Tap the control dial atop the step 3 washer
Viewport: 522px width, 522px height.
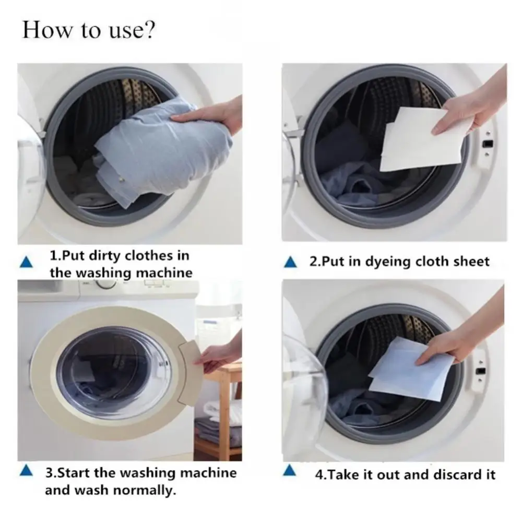(106, 284)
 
